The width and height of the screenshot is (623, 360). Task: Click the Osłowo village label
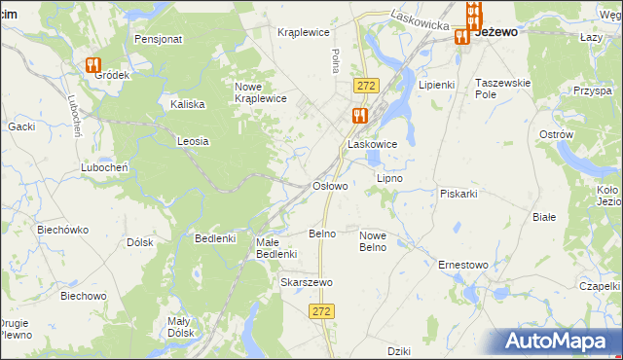pyautogui.click(x=329, y=186)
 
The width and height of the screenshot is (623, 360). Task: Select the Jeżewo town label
pyautogui.click(x=495, y=31)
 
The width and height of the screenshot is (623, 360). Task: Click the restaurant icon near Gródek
pyautogui.click(x=93, y=65)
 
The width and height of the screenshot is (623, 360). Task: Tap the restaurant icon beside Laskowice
pyautogui.click(x=359, y=116)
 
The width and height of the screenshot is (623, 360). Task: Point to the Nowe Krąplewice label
pyautogui.click(x=260, y=92)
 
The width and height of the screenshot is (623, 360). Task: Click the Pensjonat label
pyautogui.click(x=159, y=40)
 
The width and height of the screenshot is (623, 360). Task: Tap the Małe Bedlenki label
pyautogui.click(x=275, y=248)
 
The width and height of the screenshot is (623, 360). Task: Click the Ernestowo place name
pyautogui.click(x=462, y=264)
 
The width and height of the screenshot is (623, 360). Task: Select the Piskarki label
pyautogui.click(x=458, y=194)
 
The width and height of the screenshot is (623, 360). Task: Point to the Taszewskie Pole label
pyautogui.click(x=502, y=89)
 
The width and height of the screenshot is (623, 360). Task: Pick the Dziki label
pyautogui.click(x=399, y=351)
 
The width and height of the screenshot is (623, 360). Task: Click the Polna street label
pyautogui.click(x=335, y=61)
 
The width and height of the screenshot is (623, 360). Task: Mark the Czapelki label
pyautogui.click(x=601, y=286)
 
